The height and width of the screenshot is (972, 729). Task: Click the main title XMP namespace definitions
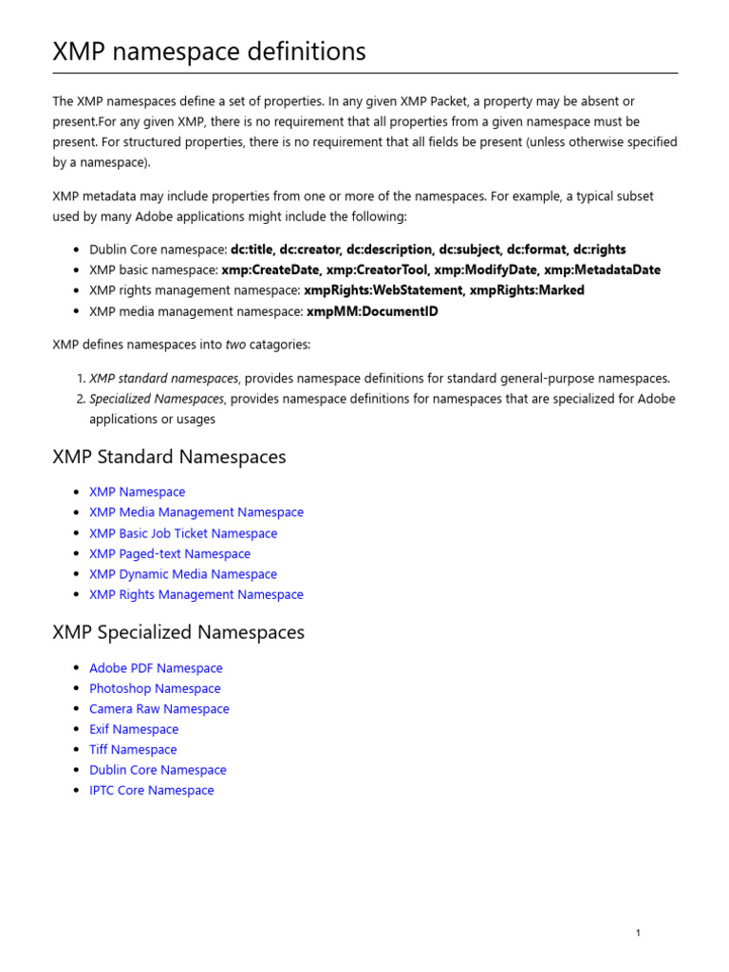click(209, 51)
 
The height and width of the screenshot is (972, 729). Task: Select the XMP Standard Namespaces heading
click(169, 458)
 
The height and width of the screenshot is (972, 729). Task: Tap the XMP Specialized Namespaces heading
click(178, 632)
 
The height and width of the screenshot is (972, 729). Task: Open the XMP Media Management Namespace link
click(196, 513)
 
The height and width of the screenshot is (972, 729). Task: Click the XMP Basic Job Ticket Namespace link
click(183, 533)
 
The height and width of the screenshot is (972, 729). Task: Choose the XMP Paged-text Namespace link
click(170, 554)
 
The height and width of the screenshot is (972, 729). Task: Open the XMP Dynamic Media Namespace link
click(183, 574)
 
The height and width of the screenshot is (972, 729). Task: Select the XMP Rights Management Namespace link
click(196, 595)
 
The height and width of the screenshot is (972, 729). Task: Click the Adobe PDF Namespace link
click(156, 668)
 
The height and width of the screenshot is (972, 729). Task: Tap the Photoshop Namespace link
click(155, 689)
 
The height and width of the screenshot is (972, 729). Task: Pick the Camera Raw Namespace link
click(159, 709)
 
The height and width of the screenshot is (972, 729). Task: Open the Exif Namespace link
click(134, 730)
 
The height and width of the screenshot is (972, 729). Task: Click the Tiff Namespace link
click(133, 750)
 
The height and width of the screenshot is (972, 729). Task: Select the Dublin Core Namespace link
click(158, 771)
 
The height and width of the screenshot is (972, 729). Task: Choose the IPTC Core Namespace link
click(152, 791)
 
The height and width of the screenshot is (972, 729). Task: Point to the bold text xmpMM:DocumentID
click(371, 311)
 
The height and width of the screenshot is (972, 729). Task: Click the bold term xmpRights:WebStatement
click(384, 290)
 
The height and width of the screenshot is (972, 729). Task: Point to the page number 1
click(638, 933)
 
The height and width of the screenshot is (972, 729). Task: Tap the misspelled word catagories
click(280, 344)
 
